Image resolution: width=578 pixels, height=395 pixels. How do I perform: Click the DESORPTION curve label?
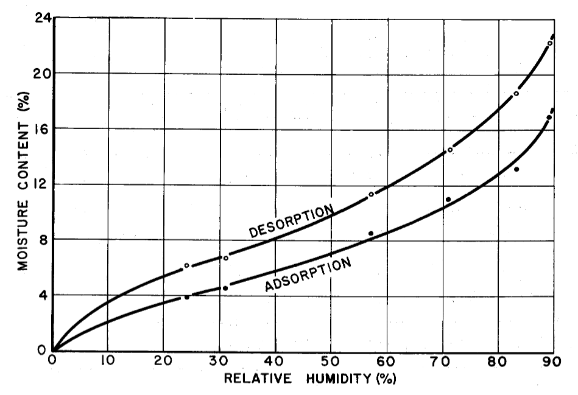292,221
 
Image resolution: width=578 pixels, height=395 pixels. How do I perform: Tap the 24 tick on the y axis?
42,18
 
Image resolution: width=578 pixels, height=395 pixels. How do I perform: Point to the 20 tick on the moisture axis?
41,73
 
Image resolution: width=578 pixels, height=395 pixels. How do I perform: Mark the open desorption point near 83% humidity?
516,94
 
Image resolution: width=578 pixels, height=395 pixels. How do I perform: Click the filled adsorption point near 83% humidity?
516,169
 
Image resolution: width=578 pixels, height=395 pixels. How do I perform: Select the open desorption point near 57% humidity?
371,194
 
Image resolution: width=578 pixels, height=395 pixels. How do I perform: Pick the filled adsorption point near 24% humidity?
187,297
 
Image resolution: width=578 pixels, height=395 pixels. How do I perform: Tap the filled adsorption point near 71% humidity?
448,199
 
